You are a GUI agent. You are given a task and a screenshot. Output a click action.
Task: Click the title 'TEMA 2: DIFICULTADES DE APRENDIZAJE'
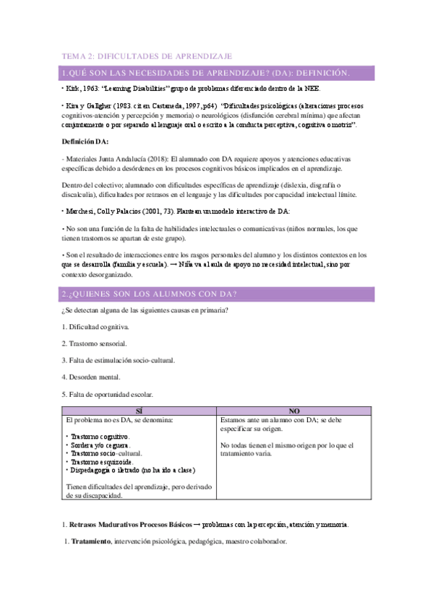146,56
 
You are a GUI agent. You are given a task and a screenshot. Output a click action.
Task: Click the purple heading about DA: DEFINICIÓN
206,73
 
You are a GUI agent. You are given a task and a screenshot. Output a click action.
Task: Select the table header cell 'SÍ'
139,410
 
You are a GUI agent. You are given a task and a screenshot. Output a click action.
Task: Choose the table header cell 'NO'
294,410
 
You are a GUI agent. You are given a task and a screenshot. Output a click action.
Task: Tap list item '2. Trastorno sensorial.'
94,344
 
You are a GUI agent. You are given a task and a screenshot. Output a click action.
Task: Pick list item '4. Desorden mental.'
90,377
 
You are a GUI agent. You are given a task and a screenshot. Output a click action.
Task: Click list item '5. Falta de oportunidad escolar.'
107,393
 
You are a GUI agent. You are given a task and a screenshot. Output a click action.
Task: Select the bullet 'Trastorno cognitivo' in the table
100,437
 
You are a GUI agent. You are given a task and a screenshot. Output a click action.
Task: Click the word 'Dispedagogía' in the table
94,471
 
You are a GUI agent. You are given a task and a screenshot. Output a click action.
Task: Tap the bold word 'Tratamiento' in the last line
90,541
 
